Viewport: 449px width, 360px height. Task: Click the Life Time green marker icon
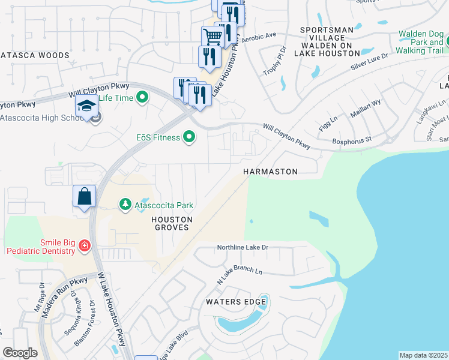[142, 97]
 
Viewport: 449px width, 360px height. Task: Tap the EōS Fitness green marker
[189, 137]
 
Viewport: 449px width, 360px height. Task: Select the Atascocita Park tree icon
[125, 205]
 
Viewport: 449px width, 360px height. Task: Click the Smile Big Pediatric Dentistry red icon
[84, 245]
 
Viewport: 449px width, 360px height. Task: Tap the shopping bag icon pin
[85, 197]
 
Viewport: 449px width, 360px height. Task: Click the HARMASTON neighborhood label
[270, 172]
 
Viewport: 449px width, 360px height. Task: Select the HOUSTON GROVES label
[172, 224]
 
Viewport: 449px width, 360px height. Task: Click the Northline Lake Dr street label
[242, 247]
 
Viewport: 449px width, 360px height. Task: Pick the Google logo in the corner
[20, 353]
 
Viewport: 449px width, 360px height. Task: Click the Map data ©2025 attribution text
[424, 355]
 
